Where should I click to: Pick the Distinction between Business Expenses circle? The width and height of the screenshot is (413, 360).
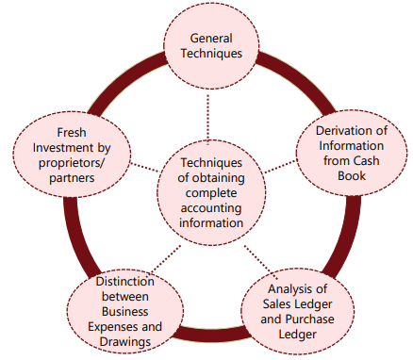112,305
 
